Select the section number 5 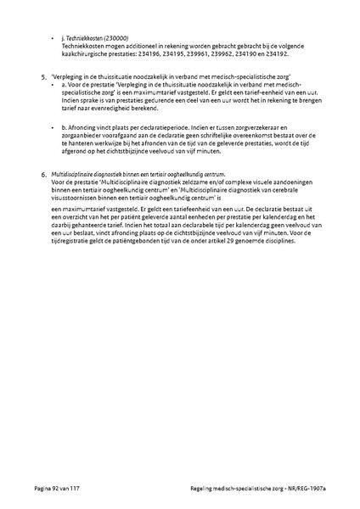[44, 77]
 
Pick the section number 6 [44, 174]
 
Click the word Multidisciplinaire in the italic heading [76, 174]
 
